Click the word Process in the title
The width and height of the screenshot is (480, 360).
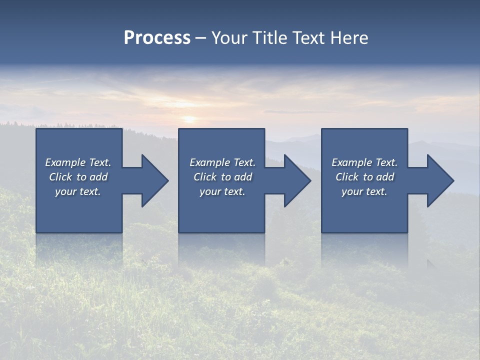(x=157, y=38)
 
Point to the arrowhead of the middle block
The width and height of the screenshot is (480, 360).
(x=296, y=180)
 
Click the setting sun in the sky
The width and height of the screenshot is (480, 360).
(x=189, y=119)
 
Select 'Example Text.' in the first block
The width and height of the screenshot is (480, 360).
(x=78, y=162)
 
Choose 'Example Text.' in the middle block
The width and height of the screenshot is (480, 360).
(x=222, y=162)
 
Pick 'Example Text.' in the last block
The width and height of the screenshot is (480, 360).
(x=364, y=162)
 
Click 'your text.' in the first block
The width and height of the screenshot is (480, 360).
(x=78, y=191)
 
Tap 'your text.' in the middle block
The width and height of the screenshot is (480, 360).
(x=222, y=191)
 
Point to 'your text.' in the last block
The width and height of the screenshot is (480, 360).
(x=364, y=191)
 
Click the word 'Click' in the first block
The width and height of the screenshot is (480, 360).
(x=61, y=177)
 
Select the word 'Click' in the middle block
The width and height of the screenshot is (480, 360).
(x=205, y=177)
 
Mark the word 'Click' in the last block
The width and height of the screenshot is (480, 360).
(x=347, y=177)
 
